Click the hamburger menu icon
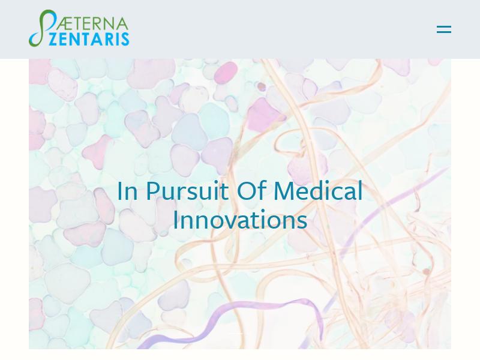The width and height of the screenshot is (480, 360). click(444, 29)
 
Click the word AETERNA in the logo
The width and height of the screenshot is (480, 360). click(92, 24)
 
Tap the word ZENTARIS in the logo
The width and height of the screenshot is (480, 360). click(89, 39)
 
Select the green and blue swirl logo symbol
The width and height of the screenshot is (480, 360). click(42, 28)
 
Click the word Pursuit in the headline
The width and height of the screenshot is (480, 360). click(187, 191)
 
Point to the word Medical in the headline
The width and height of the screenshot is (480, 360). click(318, 190)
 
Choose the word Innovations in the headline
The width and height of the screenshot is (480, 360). click(241, 219)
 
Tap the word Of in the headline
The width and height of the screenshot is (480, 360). click(251, 190)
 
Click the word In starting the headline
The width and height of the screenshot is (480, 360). click(127, 191)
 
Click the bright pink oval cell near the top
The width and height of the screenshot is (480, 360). click(226, 72)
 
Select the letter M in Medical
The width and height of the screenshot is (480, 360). click(286, 191)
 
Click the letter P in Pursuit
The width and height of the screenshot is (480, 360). click(153, 191)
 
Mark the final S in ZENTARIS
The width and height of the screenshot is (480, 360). click(125, 39)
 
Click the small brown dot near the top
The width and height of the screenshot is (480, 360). click(261, 86)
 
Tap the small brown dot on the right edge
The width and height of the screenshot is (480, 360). click(426, 272)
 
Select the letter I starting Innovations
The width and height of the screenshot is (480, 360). click(175, 220)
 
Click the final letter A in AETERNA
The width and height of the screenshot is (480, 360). click(122, 24)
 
